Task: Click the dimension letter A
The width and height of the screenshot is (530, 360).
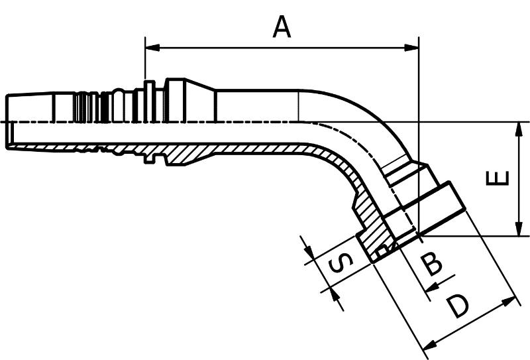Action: pyautogui.click(x=282, y=27)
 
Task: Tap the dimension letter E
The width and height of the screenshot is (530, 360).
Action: pyautogui.click(x=498, y=178)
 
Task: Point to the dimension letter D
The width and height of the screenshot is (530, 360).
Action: pyautogui.click(x=457, y=306)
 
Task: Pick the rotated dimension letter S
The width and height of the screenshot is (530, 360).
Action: pyautogui.click(x=341, y=264)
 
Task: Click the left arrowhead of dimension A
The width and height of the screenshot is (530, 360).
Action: pyautogui.click(x=152, y=48)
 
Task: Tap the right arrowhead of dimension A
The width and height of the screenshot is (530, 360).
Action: pyautogui.click(x=411, y=48)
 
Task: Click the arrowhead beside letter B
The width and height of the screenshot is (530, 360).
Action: pyautogui.click(x=433, y=287)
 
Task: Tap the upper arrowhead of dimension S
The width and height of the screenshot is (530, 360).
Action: pyautogui.click(x=309, y=249)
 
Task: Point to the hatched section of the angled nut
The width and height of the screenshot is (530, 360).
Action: pyautogui.click(x=372, y=233)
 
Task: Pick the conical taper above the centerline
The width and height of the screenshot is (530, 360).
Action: pyautogui.click(x=200, y=101)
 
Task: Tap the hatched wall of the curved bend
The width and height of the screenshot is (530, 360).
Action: pyautogui.click(x=341, y=165)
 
